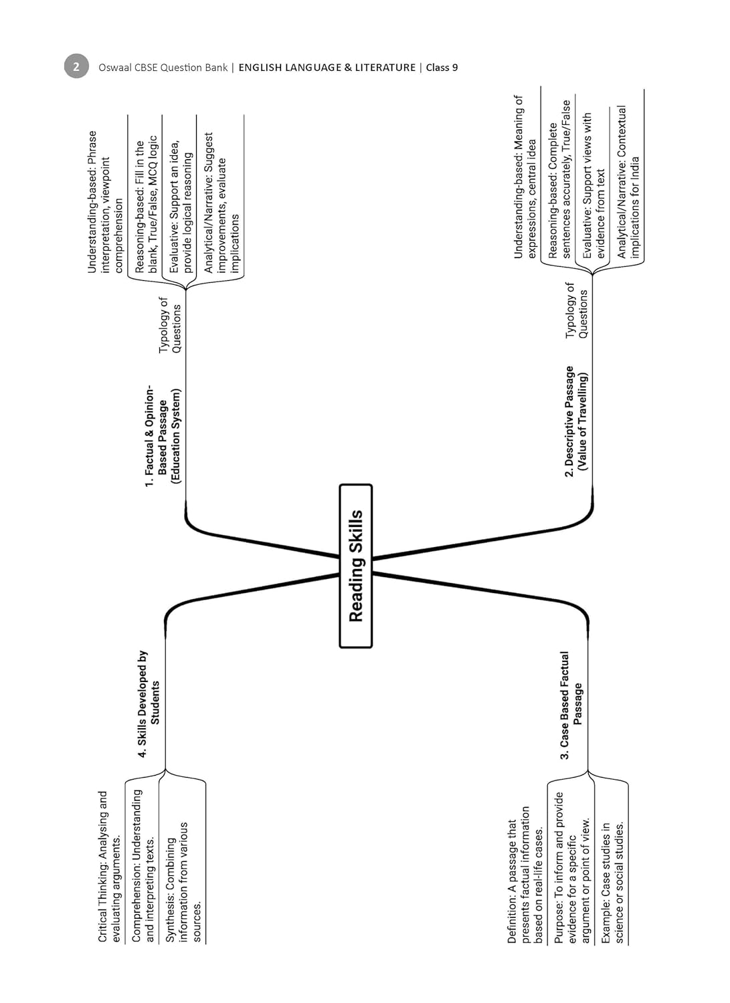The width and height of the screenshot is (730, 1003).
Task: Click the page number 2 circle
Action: click(x=76, y=67)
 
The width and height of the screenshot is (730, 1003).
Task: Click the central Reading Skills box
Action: click(x=355, y=566)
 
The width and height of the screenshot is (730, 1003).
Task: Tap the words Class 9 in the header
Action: click(x=442, y=68)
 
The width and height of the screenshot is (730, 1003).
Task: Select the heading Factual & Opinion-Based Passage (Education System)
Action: click(x=163, y=435)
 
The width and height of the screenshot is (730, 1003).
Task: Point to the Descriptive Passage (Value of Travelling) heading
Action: click(x=575, y=421)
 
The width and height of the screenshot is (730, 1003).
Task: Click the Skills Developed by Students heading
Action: click(x=149, y=703)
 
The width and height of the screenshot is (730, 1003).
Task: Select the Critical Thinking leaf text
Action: click(x=109, y=867)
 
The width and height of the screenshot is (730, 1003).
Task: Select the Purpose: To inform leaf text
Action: click(x=573, y=867)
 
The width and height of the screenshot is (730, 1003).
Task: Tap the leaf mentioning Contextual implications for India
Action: click(x=628, y=181)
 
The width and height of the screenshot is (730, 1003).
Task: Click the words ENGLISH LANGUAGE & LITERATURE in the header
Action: click(x=327, y=68)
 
